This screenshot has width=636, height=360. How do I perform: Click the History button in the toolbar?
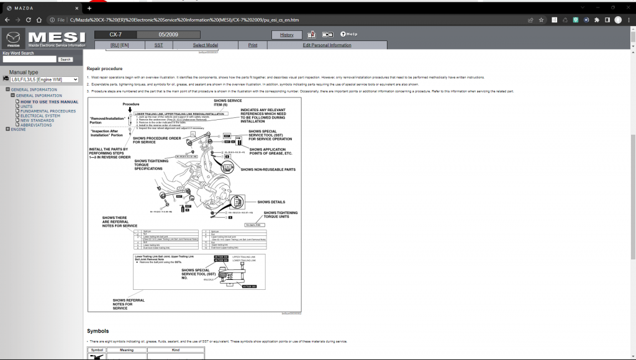(x=287, y=35)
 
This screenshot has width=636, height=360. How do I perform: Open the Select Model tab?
(x=205, y=45)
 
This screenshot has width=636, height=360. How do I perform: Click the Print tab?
(x=253, y=45)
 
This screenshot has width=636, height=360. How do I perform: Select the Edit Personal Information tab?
(x=327, y=45)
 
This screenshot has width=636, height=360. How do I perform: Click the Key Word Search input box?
(x=29, y=59)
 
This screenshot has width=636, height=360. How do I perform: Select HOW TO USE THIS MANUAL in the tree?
(x=49, y=102)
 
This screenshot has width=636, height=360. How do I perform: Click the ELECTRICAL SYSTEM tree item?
(x=40, y=115)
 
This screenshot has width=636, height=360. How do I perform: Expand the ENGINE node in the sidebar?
(x=7, y=129)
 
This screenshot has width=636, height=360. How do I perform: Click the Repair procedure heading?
(x=104, y=69)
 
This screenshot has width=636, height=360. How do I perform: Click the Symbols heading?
(x=98, y=331)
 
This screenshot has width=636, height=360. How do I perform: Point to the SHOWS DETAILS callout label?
(x=271, y=202)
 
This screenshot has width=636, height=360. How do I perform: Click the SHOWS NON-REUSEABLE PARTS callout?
(x=268, y=169)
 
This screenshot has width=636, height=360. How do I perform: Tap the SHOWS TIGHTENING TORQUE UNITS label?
(x=280, y=215)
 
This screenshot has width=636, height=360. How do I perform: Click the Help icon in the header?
(x=348, y=34)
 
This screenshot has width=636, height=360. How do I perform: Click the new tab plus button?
(x=89, y=7)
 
